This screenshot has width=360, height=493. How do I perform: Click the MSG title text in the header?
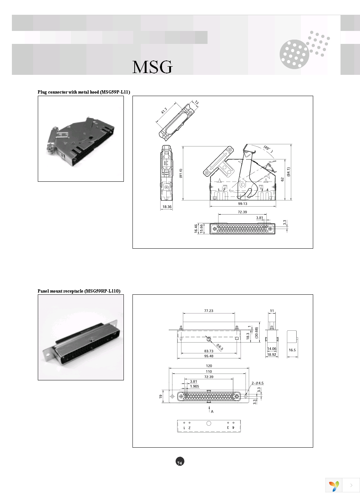point(152,67)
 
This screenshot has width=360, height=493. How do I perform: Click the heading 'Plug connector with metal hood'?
point(84,92)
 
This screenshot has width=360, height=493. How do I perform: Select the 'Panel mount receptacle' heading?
point(79,291)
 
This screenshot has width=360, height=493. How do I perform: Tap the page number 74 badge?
point(180,462)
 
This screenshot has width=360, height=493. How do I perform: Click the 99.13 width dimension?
point(242,204)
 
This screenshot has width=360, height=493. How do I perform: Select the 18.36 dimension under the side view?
point(167,207)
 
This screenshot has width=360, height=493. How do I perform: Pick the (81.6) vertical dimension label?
point(181,173)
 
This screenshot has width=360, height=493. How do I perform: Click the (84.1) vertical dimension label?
point(288,172)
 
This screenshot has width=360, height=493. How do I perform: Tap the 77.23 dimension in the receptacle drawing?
point(208,311)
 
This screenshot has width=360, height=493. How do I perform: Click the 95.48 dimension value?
point(209,356)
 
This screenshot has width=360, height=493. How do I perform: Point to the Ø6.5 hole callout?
point(219,347)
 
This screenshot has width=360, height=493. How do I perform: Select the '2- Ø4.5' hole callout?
point(257,383)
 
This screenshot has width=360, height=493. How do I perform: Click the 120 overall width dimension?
point(209,366)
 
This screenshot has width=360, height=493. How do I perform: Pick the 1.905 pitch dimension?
point(194,386)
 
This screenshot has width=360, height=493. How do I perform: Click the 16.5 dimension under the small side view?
point(292,350)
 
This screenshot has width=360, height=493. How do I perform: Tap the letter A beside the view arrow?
point(212,411)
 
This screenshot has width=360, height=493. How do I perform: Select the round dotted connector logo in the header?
point(294,54)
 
